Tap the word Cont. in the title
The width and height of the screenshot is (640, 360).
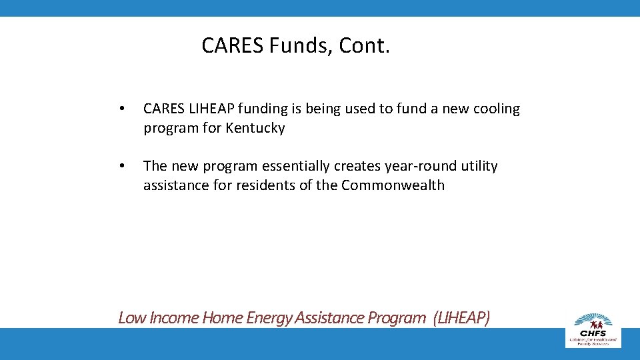coord(364,46)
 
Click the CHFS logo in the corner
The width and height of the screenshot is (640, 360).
coord(593,328)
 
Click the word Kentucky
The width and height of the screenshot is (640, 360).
coord(255,128)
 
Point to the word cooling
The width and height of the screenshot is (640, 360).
coord(496,109)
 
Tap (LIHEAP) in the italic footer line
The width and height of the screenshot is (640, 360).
coord(461,317)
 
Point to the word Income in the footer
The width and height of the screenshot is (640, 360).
coord(175,317)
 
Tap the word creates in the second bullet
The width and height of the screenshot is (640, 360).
coord(335,166)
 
